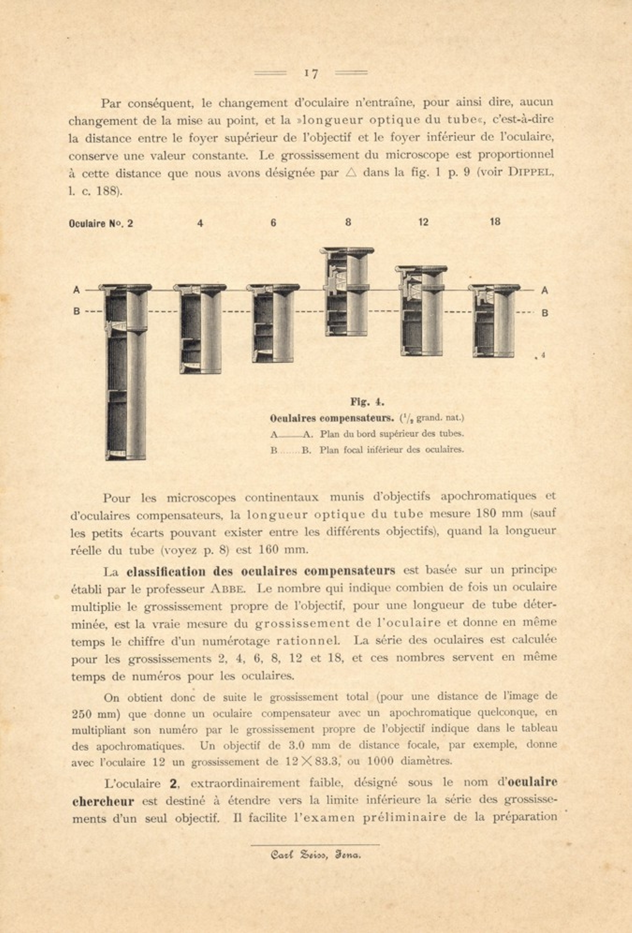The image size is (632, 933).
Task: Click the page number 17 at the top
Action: (x=311, y=74)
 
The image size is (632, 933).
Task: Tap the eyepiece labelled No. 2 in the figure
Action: (x=125, y=372)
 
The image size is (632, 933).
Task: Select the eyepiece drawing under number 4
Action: (x=200, y=328)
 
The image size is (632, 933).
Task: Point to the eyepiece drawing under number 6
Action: (x=273, y=323)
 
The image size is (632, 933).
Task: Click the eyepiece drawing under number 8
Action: (x=347, y=291)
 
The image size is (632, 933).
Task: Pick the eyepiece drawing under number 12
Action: (x=421, y=311)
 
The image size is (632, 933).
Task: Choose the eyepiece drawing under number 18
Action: (x=494, y=321)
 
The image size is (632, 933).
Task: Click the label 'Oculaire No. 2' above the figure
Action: (x=101, y=223)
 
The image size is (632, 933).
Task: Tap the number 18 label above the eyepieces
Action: (x=495, y=222)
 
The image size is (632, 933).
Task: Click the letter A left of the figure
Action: (x=76, y=290)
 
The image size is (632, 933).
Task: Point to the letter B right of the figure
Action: (x=544, y=313)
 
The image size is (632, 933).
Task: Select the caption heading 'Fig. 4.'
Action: (x=367, y=402)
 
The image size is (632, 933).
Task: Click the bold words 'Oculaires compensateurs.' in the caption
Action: (x=332, y=418)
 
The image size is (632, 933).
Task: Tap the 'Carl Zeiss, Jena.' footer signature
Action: (x=315, y=855)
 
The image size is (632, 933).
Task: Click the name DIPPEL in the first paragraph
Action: (x=531, y=172)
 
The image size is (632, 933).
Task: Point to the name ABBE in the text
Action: (x=228, y=589)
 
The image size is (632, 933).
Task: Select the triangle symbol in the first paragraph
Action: (x=351, y=172)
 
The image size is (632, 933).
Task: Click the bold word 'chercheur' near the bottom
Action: (x=103, y=801)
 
